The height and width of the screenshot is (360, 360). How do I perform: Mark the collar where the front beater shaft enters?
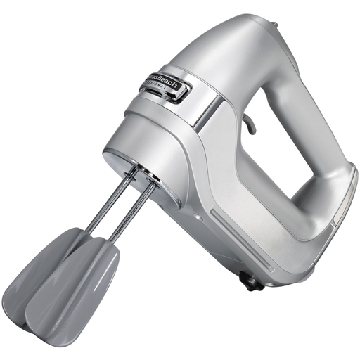click(x=153, y=183)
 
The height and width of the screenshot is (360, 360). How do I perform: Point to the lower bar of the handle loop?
click(x=281, y=225)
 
